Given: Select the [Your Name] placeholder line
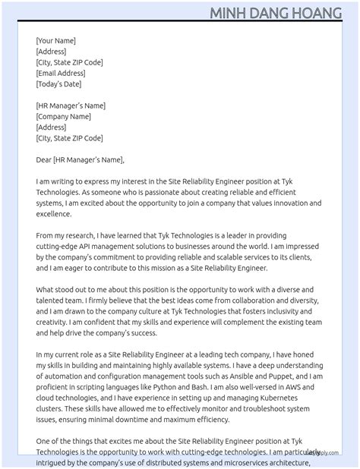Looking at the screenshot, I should point(55,41).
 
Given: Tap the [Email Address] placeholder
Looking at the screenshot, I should point(61,74).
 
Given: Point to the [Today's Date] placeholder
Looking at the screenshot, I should point(58,84).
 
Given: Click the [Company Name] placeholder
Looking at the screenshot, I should point(63,117).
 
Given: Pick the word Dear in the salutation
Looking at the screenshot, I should point(43,160).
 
